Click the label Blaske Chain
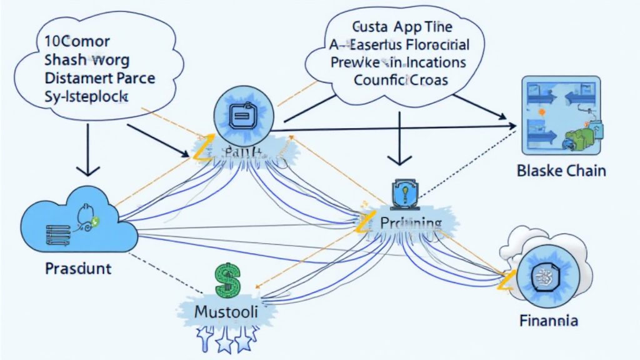tap(561, 171)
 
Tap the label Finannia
tap(548, 321)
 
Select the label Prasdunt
tap(78, 269)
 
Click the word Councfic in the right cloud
tap(377, 80)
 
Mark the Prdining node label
tap(409, 223)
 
